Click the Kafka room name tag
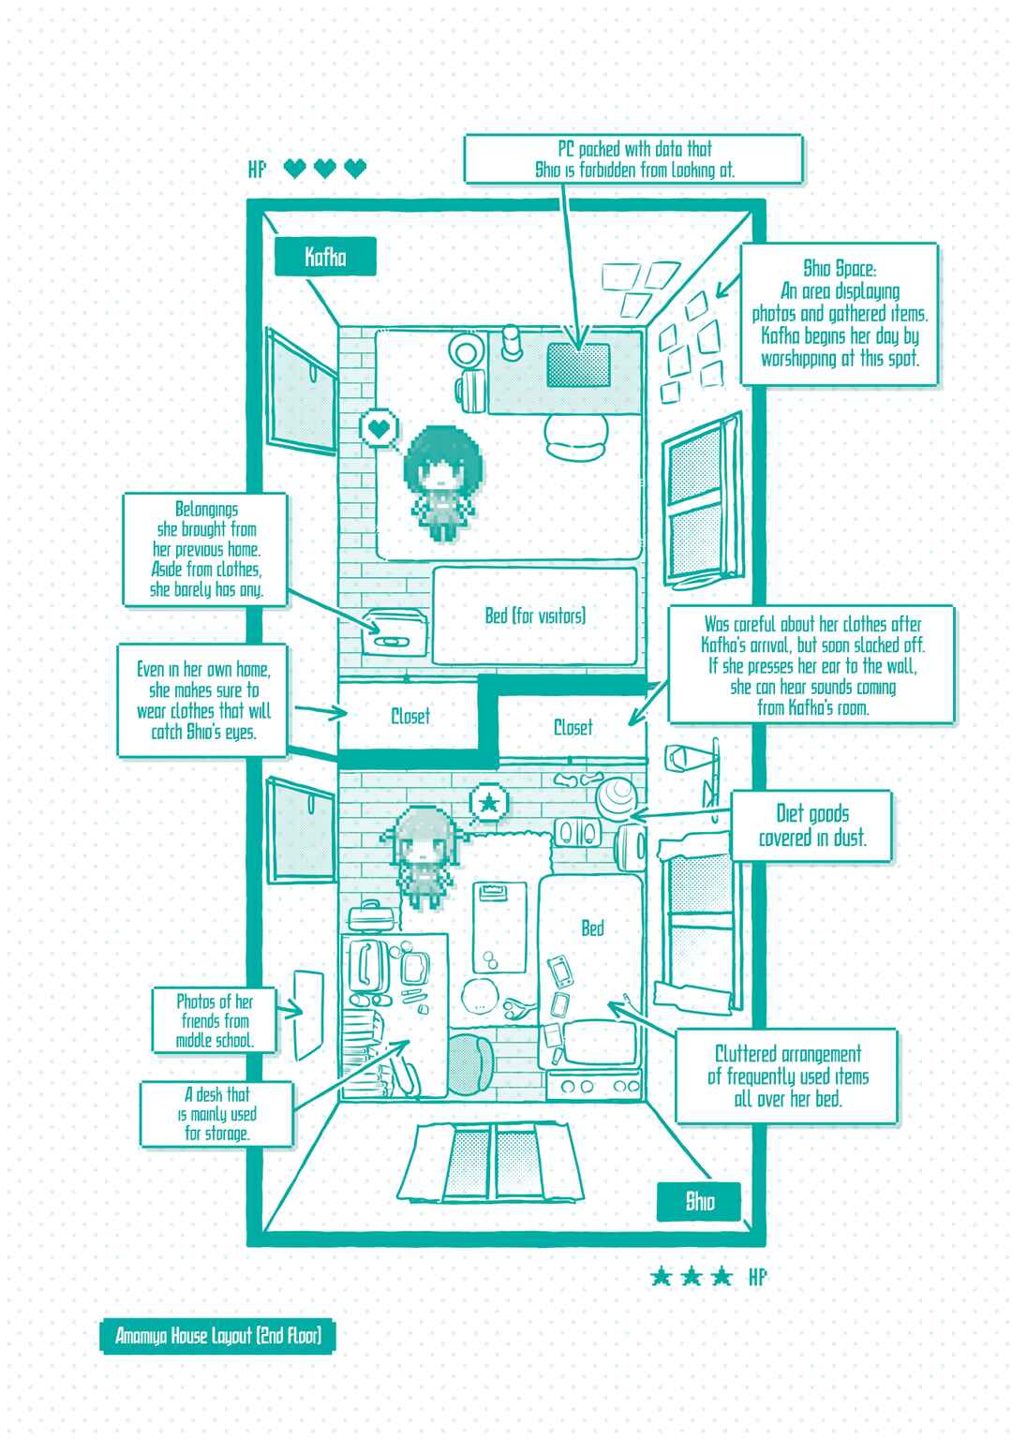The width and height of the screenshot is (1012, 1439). coord(325,257)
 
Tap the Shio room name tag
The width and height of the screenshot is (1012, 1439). coord(698,1201)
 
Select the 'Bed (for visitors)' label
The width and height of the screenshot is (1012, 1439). coord(535,616)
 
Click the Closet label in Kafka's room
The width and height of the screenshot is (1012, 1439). coord(409,717)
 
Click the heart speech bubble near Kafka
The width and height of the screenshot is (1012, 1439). coord(379,428)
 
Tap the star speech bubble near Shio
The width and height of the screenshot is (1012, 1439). coord(489,803)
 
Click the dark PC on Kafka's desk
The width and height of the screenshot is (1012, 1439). coord(578,364)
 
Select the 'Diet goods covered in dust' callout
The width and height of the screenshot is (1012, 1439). coord(811,825)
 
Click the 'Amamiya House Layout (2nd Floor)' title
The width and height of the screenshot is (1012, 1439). coord(217,1336)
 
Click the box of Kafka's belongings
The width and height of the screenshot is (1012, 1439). coord(394,633)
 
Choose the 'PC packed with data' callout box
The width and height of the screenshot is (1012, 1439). coord(633,159)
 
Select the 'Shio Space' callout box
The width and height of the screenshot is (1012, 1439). coord(840,314)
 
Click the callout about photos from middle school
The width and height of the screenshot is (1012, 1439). coord(215,1020)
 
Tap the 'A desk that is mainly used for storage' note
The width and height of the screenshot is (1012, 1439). coord(216,1114)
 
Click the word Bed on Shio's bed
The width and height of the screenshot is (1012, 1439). coord(592,928)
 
